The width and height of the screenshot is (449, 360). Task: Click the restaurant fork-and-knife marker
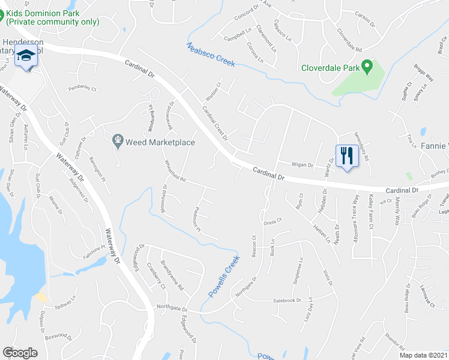(x=347, y=156)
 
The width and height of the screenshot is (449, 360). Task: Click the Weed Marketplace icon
(x=118, y=142)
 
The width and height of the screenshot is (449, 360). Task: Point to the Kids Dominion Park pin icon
(x=2, y=12)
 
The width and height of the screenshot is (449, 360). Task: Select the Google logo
(x=20, y=353)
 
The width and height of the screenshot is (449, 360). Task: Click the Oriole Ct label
(x=273, y=221)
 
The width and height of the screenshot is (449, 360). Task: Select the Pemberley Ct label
(x=82, y=88)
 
